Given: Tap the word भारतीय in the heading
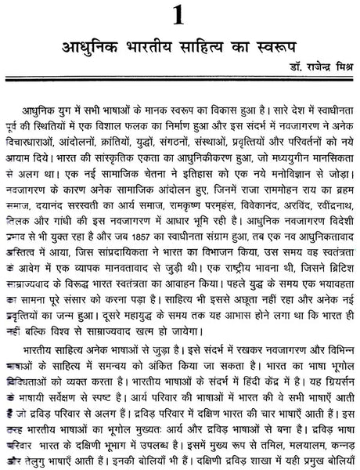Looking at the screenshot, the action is [153, 49].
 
